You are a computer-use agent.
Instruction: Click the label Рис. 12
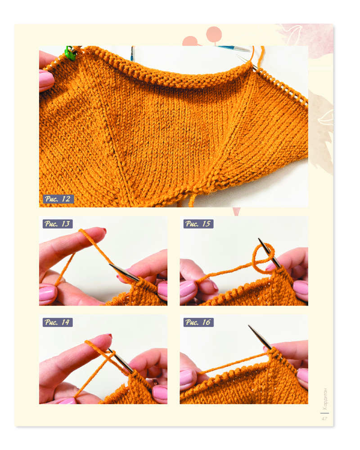coord(58,199)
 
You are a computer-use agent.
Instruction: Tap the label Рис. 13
coord(58,224)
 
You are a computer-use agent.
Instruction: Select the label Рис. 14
coord(58,322)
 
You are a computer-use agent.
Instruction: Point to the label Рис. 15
coord(198,224)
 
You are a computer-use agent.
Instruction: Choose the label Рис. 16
coord(198,322)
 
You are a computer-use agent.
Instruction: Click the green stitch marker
coord(70,54)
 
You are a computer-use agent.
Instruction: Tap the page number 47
coord(324,418)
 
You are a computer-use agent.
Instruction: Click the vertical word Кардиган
coord(325,399)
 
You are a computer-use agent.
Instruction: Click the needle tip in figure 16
coord(249,326)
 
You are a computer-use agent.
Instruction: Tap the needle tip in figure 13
coord(110,265)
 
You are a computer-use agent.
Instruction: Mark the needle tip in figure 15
coord(259,239)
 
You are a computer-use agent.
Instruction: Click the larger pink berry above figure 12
coord(214,34)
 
